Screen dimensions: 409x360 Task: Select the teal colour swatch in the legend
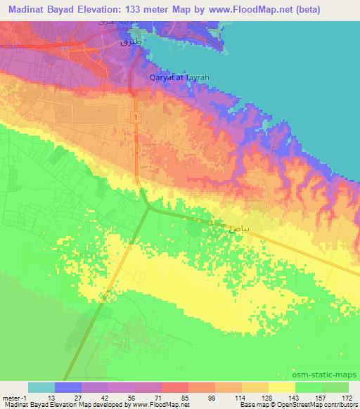click(x=41, y=387)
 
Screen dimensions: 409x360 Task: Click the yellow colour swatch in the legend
click(x=282, y=387)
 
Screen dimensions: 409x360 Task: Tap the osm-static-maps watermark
click(x=330, y=374)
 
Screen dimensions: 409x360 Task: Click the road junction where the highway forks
click(x=149, y=207)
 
